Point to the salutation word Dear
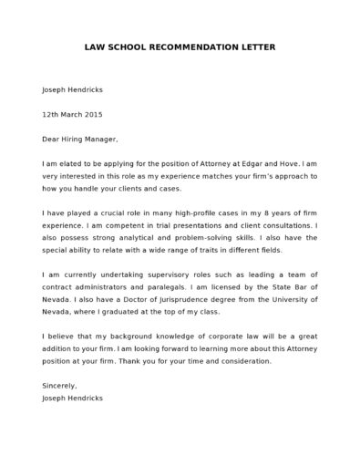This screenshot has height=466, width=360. click(x=50, y=140)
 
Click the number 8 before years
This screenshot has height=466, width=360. click(x=262, y=212)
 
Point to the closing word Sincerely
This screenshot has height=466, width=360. click(x=59, y=386)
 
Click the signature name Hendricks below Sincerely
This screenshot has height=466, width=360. click(x=85, y=399)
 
